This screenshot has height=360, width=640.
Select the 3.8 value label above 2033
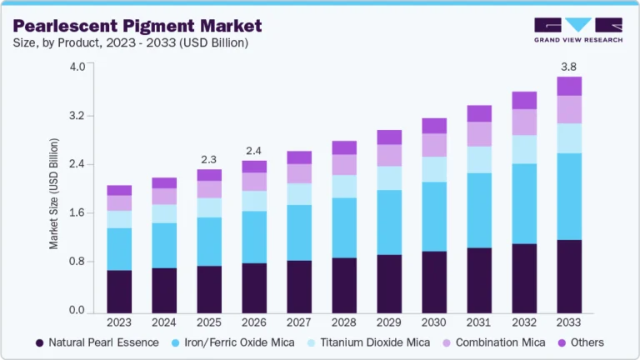pos(568,66)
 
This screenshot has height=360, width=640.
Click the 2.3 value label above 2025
pos(209,158)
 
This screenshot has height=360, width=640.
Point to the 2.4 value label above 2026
pos(254,151)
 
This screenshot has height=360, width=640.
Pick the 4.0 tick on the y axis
pos(77,67)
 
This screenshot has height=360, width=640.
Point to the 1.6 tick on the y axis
pos(77,213)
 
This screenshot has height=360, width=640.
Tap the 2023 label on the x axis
pos(119,322)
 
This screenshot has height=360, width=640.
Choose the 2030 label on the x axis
pos(434,322)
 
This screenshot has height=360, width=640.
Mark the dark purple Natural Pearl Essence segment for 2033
pos(568,276)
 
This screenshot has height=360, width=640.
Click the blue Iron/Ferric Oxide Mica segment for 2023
pos(119,248)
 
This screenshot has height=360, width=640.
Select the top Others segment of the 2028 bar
pos(344,147)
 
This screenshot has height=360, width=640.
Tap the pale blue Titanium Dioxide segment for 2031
pos(479,159)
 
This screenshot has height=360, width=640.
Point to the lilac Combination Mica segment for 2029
pos(389,155)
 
